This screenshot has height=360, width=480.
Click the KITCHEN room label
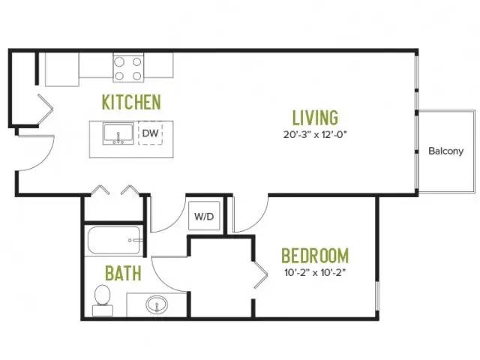click(131, 102)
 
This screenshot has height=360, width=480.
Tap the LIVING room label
click(315, 118)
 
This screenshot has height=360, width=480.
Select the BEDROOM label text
click(315, 256)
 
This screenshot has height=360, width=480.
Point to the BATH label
click(123, 273)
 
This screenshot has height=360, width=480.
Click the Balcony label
click(445, 151)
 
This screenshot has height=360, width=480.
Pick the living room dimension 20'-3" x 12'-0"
click(315, 135)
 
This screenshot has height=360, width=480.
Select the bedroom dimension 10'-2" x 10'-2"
click(315, 272)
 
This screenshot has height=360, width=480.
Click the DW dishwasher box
click(150, 133)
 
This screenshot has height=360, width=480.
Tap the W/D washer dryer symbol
click(204, 216)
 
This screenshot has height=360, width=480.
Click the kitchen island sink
click(118, 133)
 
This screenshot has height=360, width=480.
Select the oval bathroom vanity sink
click(157, 304)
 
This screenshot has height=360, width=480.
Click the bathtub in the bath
click(115, 241)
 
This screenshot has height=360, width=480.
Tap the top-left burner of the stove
click(119, 62)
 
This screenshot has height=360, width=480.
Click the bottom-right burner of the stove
click(137, 76)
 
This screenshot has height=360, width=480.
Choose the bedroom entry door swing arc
click(259, 221)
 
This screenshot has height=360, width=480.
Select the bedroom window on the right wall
click(377, 296)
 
